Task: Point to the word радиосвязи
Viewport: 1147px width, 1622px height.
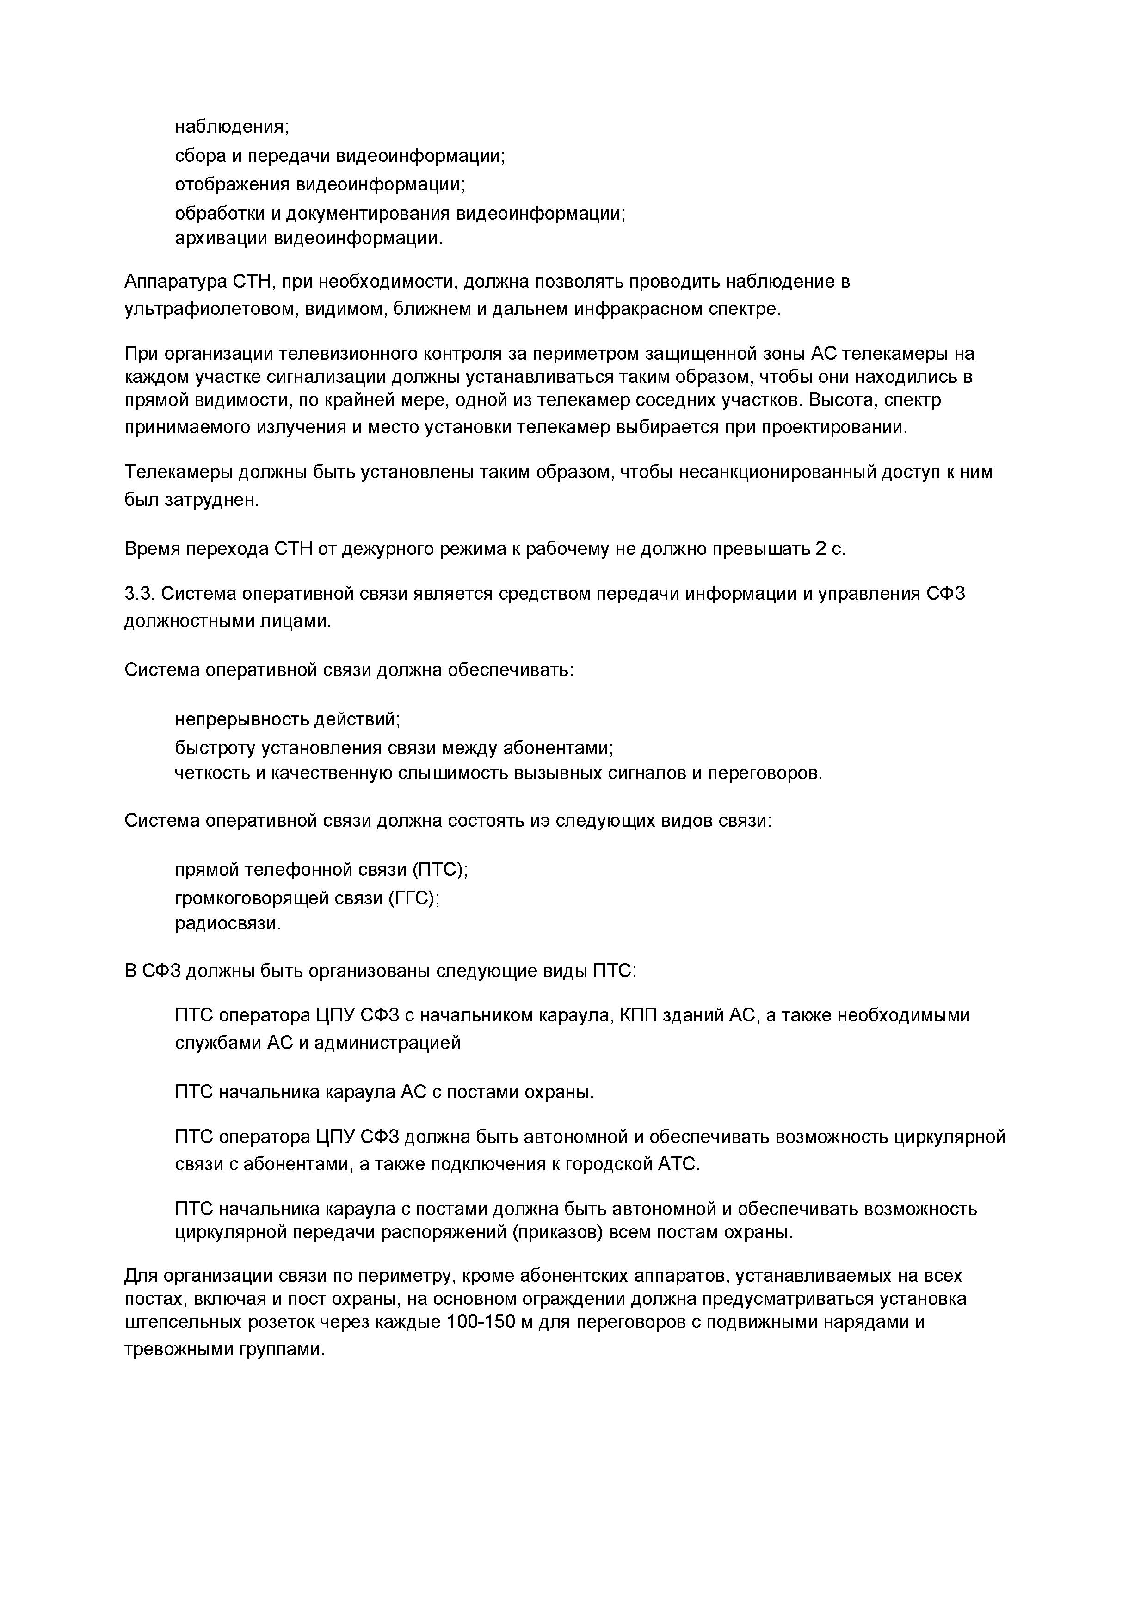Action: [x=228, y=923]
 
